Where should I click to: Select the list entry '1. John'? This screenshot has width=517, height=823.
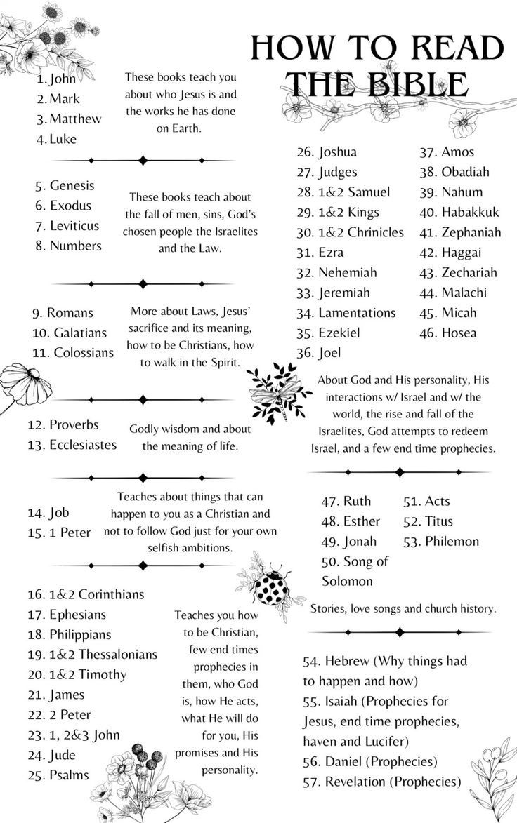coord(56,79)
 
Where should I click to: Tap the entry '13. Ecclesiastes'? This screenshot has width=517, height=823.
coord(72,445)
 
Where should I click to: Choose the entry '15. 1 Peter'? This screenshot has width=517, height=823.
coord(60,533)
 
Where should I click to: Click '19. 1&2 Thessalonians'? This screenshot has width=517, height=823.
coord(92,655)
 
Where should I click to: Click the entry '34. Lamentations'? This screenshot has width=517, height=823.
coord(346,313)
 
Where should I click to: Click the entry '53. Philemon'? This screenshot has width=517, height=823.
coord(441,542)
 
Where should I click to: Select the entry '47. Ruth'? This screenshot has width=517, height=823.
coord(346,501)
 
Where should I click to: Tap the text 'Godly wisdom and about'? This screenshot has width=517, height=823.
coord(190,429)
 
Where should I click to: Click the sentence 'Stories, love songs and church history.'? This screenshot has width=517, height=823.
coord(403,609)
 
